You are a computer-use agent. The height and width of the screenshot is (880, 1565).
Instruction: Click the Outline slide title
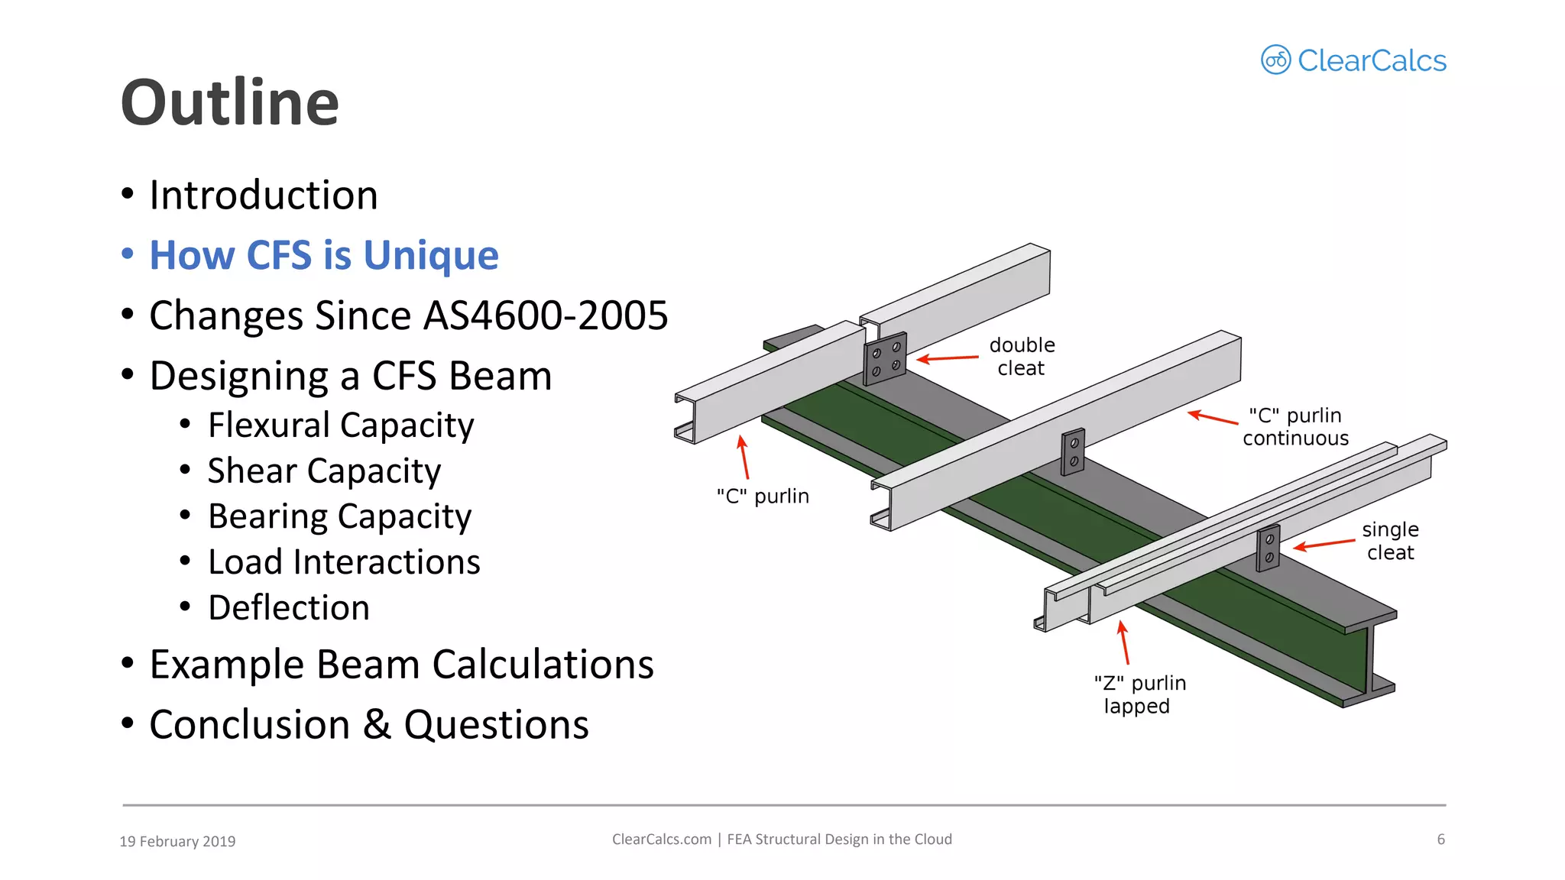[x=229, y=103]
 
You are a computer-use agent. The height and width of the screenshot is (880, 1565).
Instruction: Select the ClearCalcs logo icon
[x=1275, y=60]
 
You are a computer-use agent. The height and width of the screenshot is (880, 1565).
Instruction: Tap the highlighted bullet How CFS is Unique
[x=323, y=255]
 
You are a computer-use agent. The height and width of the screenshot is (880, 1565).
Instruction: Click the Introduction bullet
[x=263, y=195]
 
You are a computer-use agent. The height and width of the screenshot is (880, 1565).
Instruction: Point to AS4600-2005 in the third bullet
[x=546, y=315]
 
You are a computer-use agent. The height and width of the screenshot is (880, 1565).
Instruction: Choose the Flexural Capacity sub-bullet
[x=340, y=425]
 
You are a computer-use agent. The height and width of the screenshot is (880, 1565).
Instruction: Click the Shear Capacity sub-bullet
[x=324, y=471]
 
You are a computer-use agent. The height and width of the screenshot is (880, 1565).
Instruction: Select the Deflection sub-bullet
[x=288, y=608]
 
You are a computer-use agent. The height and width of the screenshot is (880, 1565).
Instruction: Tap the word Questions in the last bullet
[x=496, y=725]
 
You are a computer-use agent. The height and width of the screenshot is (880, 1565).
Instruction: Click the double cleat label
[x=1022, y=357]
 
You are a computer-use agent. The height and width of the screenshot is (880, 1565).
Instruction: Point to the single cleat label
[x=1390, y=541]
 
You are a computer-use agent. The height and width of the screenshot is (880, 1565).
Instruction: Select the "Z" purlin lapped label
[x=1139, y=694]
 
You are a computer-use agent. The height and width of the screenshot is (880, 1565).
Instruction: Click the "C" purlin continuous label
[x=1295, y=427]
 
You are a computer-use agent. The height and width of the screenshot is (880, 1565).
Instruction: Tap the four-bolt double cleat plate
[x=885, y=359]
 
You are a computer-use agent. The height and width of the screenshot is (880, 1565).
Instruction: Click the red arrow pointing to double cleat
[x=948, y=357]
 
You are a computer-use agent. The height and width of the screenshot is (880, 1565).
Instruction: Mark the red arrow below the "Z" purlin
[x=1123, y=642]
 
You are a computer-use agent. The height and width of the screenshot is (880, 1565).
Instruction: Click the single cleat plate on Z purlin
[x=1269, y=548]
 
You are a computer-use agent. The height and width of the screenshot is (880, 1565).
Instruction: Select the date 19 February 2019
[x=177, y=841]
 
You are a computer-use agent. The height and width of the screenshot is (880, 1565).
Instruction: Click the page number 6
[x=1440, y=840]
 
